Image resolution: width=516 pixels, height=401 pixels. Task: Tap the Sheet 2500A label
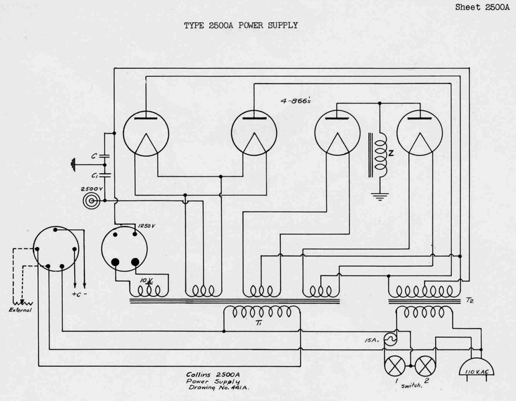click(483, 7)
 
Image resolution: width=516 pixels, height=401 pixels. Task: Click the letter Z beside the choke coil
click(391, 153)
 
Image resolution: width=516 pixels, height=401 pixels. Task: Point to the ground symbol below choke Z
click(380, 196)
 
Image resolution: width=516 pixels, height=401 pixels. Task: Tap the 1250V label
click(146, 227)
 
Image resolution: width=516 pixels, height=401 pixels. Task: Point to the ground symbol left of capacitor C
click(73, 162)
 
